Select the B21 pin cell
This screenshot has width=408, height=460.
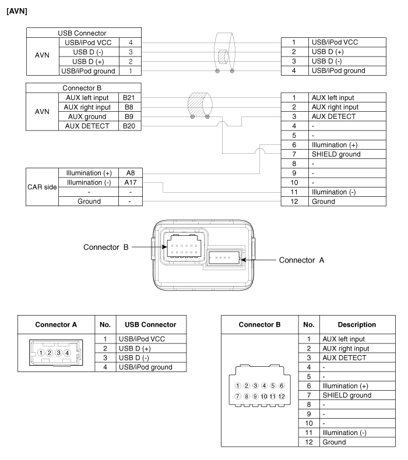click(129, 97)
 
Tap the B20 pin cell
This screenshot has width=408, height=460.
click(129, 125)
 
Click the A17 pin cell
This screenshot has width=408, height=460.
click(129, 182)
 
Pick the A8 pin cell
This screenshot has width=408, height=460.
click(129, 173)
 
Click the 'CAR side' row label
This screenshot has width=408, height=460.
click(41, 187)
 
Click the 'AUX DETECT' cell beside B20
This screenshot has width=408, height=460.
click(88, 125)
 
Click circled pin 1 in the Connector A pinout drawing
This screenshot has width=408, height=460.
click(41, 353)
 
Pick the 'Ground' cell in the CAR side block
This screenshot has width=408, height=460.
click(88, 201)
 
